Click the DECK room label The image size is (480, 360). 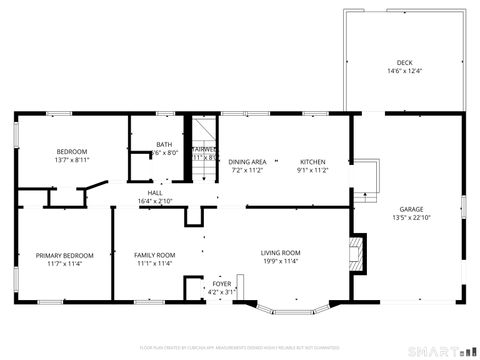(x=404, y=62)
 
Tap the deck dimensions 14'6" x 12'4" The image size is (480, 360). (x=404, y=71)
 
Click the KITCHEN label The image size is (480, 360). (x=314, y=161)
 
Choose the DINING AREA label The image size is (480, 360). (x=247, y=161)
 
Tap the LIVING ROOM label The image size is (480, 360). (x=281, y=253)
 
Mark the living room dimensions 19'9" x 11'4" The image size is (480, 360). (x=281, y=262)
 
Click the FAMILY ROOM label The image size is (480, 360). (x=155, y=255)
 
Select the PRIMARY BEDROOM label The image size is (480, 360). (x=65, y=255)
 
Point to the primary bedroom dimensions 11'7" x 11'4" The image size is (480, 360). (x=65, y=264)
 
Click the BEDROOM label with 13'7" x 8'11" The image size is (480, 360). (x=71, y=151)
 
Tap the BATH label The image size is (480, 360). (x=164, y=144)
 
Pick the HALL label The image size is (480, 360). (x=155, y=192)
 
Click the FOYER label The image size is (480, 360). (x=222, y=284)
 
